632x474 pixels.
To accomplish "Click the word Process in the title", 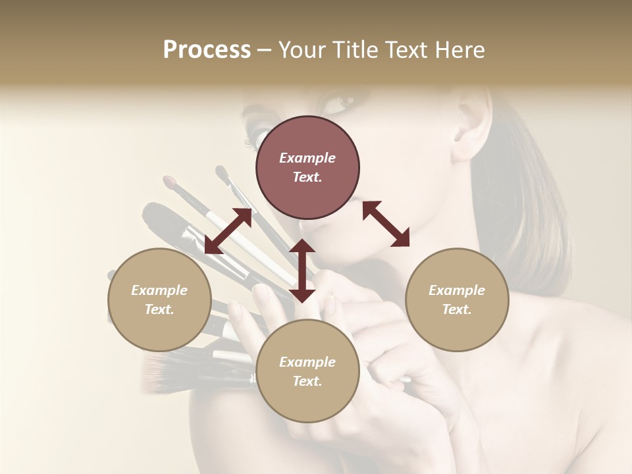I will tap(207, 50).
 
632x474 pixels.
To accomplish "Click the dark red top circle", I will tap(307, 167).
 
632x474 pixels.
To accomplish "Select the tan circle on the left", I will tap(159, 300).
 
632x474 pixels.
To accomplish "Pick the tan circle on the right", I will tap(457, 300).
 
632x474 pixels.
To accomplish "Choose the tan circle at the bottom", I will tap(307, 371).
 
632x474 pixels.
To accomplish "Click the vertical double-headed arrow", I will tap(302, 271).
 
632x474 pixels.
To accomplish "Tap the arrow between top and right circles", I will tap(386, 224).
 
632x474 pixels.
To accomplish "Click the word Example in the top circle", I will tap(307, 158).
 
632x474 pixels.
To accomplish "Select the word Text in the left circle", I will tap(159, 309).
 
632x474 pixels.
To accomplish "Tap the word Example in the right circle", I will tap(457, 290).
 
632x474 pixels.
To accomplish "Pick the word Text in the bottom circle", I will tap(307, 381).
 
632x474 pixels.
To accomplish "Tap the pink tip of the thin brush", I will tap(170, 180).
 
